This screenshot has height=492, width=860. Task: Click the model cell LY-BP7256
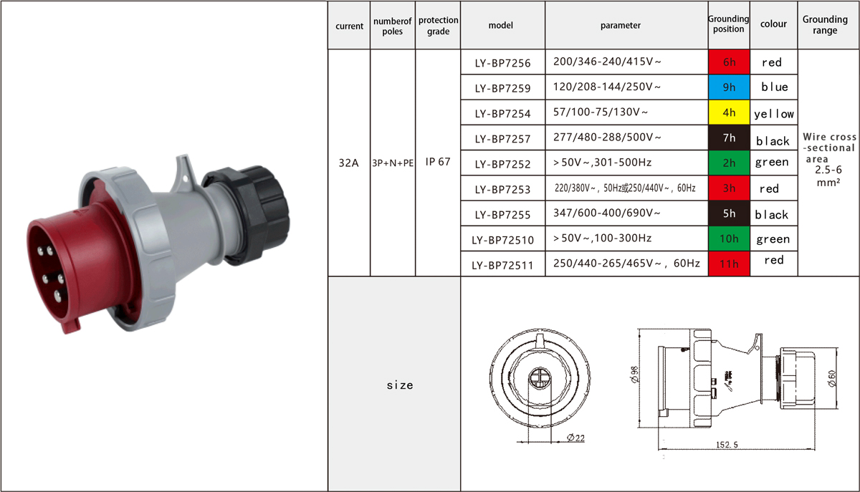(x=502, y=63)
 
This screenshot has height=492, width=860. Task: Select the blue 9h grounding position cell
(x=729, y=87)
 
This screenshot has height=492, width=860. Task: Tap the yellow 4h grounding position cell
(x=729, y=112)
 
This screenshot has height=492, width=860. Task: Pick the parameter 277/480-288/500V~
(x=607, y=137)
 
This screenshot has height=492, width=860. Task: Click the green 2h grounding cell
(x=729, y=163)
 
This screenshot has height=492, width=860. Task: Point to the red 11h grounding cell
(x=729, y=264)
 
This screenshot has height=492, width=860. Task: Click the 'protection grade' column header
(x=438, y=25)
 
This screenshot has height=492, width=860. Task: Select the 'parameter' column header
(x=621, y=25)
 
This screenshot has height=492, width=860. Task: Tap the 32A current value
(x=348, y=163)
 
